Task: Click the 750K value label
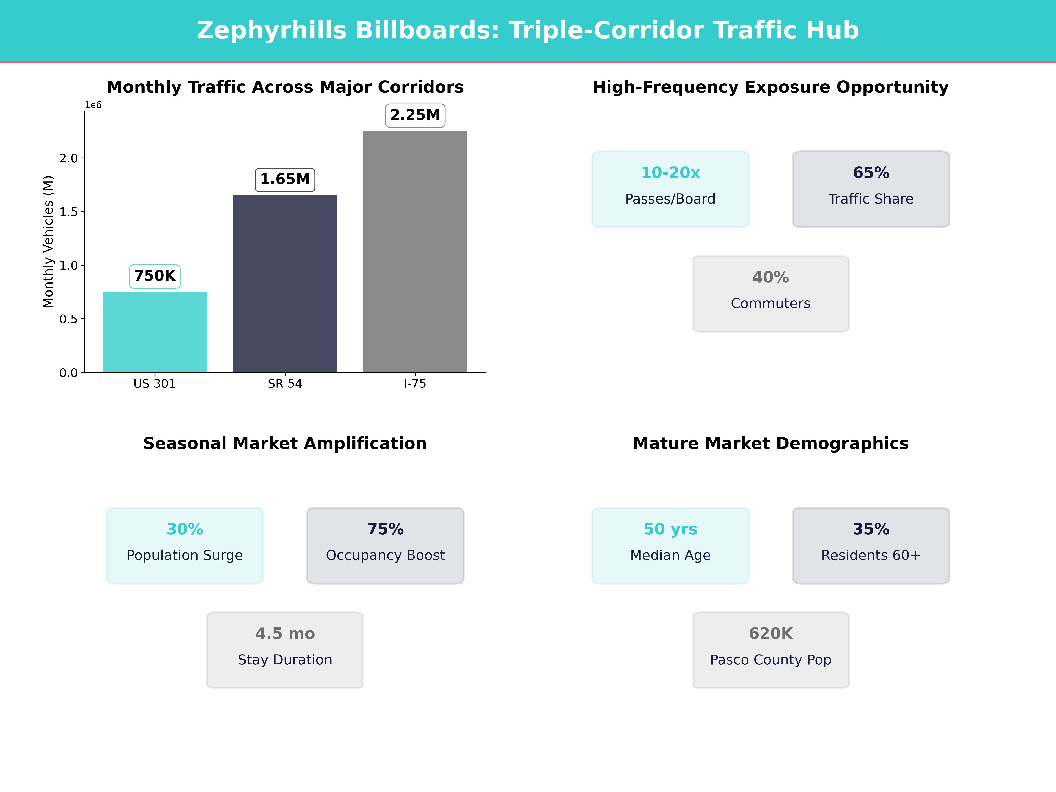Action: (x=155, y=276)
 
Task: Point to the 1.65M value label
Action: (x=285, y=180)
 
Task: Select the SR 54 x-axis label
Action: (x=285, y=384)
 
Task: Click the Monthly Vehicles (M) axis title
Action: (x=48, y=242)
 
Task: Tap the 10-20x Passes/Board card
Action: (x=670, y=189)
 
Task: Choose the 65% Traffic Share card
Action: (x=871, y=189)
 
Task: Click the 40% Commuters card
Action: (x=770, y=294)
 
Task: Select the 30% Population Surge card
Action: (x=185, y=545)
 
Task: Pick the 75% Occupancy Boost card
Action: (x=385, y=545)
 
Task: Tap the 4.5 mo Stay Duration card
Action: (x=285, y=650)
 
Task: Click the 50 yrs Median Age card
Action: (x=670, y=545)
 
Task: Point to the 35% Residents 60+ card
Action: (x=871, y=545)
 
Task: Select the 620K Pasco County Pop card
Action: (x=770, y=650)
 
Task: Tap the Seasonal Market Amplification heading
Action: (x=285, y=444)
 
